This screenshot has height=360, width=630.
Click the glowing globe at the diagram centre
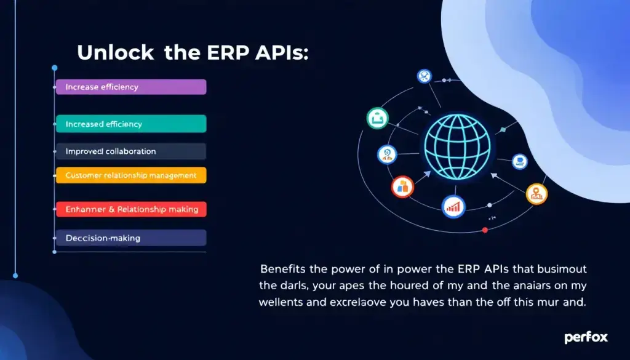tap(458, 147)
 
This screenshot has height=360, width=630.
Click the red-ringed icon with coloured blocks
tap(402, 188)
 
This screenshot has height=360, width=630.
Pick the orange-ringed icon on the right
tap(536, 194)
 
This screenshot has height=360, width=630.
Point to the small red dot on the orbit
tap(485, 230)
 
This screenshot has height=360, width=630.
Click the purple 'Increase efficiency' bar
tap(130, 87)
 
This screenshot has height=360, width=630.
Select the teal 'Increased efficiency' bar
tap(130, 124)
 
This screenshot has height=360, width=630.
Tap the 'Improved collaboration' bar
tap(130, 151)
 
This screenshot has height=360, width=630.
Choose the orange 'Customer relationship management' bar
tap(130, 175)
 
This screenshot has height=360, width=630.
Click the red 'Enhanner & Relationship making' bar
tap(130, 209)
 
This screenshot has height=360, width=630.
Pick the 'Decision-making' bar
tap(130, 238)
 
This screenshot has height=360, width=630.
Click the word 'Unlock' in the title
tap(116, 53)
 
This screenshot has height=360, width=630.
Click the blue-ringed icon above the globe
tap(424, 76)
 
